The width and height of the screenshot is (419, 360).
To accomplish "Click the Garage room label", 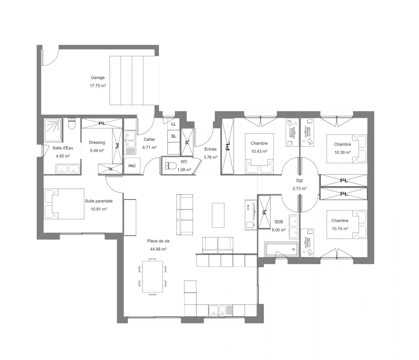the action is pos(98,77).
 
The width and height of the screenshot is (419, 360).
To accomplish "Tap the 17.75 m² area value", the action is pos(98,86).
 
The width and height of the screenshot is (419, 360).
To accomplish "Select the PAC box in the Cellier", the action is pos(132,166).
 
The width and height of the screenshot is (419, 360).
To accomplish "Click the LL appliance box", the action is pos(174,124).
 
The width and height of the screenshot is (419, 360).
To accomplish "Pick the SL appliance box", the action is pos(174,136).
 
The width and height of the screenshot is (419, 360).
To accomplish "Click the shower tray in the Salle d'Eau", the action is pos(53,130).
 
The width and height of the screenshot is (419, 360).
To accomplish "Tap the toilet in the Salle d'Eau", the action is pos(72,124).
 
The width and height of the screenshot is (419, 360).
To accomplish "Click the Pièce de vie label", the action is pos(158,241).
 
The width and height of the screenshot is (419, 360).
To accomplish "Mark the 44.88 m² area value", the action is pos(158,249).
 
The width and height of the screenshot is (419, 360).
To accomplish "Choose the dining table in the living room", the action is pos(152,276).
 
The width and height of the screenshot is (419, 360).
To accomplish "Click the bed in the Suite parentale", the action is pos(64,204).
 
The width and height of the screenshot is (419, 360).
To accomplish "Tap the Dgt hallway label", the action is pos(299,180).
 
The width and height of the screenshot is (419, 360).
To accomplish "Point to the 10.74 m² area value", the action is pos(340,229).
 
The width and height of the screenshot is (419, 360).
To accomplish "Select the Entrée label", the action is pos(210,149).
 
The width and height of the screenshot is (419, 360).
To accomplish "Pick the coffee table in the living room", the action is pos(218,215).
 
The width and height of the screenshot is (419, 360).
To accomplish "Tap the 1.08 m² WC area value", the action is pos(184,170).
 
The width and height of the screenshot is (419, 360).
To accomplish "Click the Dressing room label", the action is pos(97,143).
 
